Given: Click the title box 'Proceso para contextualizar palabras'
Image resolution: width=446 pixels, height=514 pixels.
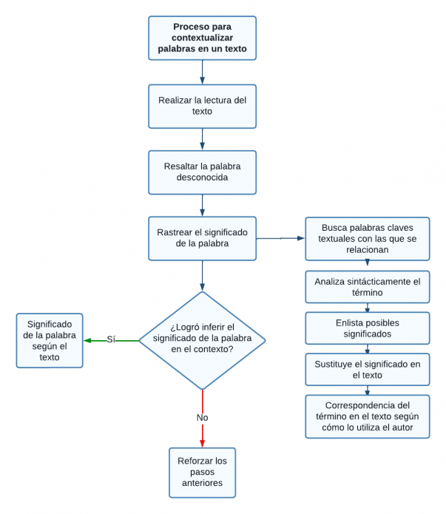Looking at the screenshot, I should (202, 38).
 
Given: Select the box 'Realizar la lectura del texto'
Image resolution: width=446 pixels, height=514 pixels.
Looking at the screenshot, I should (202, 106).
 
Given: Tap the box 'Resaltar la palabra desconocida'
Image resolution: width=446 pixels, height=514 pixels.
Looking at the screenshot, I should (202, 172).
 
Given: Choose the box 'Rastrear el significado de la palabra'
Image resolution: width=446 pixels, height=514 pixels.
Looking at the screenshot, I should (202, 237).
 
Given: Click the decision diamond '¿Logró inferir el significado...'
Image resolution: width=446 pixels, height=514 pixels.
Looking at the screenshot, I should (202, 340).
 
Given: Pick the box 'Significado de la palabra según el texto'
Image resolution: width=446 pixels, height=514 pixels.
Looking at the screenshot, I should (50, 340).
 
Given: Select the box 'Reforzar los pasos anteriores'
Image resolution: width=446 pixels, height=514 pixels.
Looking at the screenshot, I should (202, 472).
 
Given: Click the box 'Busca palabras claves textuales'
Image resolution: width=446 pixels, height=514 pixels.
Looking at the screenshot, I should (367, 238).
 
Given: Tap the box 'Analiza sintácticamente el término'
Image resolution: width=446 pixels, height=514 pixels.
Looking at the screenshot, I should (367, 287).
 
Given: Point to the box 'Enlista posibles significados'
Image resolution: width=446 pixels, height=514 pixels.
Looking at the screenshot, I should (367, 328).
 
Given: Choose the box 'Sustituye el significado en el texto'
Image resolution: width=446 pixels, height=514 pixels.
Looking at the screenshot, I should (367, 369).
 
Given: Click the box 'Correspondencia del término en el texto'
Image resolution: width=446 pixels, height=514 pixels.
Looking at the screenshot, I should (367, 416).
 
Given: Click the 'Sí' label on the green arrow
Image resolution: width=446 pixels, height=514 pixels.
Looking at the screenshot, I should (111, 339).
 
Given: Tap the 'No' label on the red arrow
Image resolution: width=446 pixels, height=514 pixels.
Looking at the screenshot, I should (202, 417).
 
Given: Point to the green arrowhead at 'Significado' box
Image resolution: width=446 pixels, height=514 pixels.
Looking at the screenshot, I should (87, 340).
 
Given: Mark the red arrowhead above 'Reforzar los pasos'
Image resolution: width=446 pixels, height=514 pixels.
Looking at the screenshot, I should (202, 442).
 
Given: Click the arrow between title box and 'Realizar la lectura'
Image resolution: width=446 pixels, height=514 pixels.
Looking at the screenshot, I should (202, 72).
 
